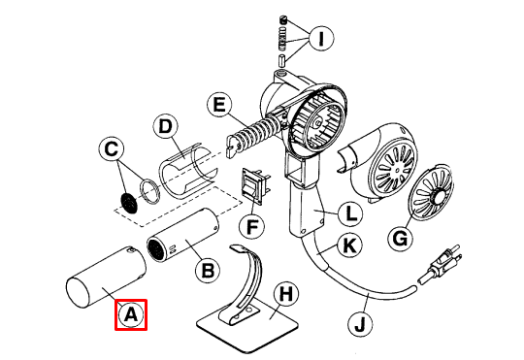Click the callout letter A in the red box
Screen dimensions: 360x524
tap(131, 314)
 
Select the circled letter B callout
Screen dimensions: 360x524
tap(206, 271)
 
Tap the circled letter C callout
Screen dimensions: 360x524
tap(112, 149)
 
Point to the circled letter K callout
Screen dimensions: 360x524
tap(349, 247)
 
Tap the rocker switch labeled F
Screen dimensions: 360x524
tap(255, 188)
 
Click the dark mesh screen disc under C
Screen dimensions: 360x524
tap(126, 202)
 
